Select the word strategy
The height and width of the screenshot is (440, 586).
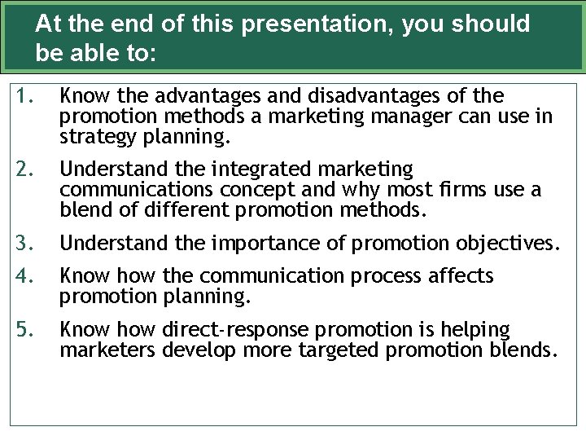[x=99, y=138]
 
